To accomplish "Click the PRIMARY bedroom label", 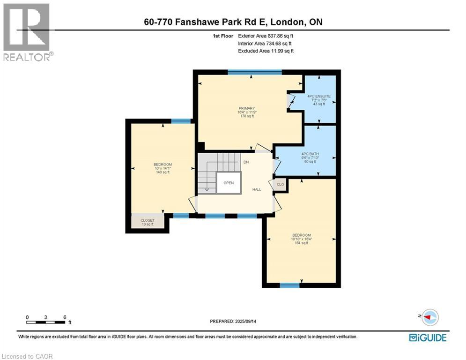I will [x=245, y=112].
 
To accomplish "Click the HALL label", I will [x=257, y=189].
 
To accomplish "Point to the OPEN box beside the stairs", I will [x=229, y=183].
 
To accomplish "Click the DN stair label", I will [x=246, y=162].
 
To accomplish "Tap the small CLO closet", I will [x=281, y=185].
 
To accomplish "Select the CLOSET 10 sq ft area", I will [x=148, y=222].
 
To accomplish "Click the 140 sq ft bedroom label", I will [x=163, y=168].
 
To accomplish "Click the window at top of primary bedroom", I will [x=255, y=72].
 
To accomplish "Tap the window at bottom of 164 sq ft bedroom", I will [x=289, y=285].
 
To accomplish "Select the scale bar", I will [x=46, y=319].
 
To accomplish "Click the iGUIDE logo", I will [x=428, y=337].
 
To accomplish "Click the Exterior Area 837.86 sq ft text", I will [x=266, y=36].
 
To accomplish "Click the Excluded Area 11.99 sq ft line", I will [x=266, y=51].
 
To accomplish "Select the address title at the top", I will [x=233, y=22].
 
